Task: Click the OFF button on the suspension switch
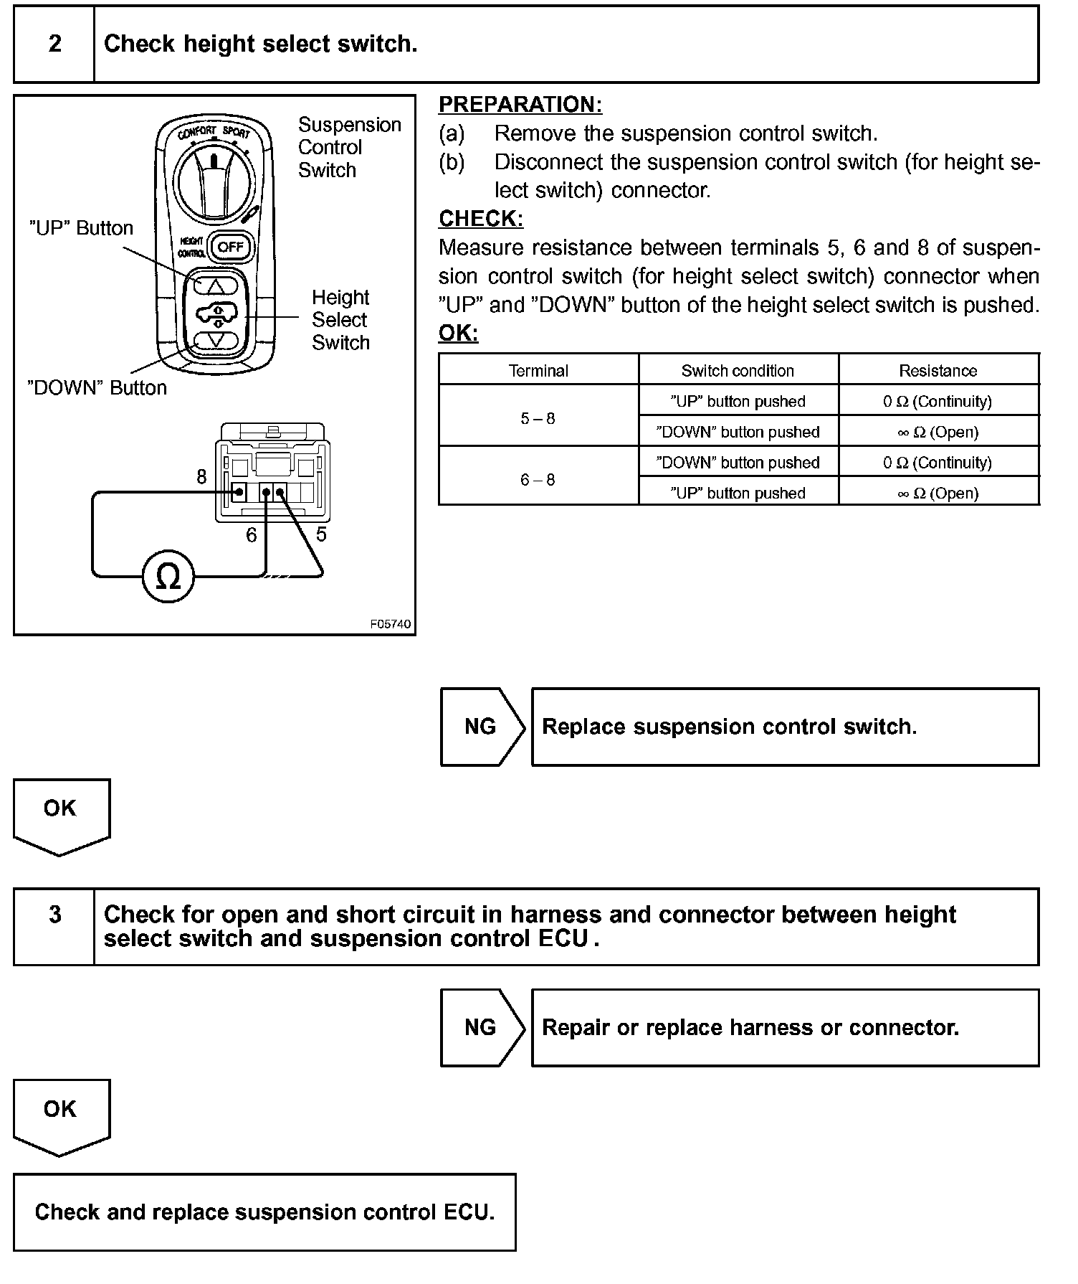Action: click(231, 247)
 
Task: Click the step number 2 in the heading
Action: click(54, 44)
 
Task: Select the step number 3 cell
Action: click(54, 915)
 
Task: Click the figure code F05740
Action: click(390, 624)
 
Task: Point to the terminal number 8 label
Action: click(201, 477)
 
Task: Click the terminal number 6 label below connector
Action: click(251, 535)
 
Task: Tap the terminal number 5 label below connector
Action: click(321, 534)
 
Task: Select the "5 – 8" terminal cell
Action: click(538, 418)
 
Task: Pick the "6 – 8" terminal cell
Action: click(538, 480)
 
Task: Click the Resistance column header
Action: click(938, 371)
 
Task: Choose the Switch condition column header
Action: click(738, 371)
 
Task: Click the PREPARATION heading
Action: click(520, 105)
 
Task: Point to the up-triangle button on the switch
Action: click(216, 285)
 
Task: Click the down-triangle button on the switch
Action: click(216, 340)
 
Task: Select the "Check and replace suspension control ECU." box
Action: click(264, 1212)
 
